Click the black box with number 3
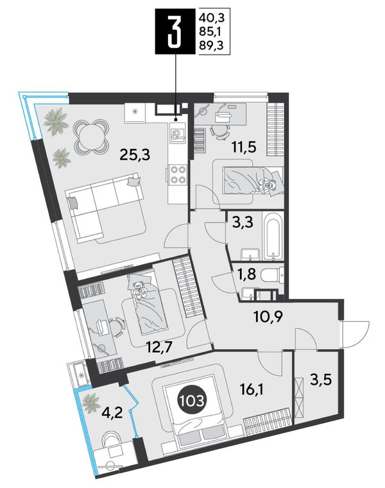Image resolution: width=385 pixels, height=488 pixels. [x=176, y=31]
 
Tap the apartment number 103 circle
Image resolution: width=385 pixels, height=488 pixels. [x=191, y=401]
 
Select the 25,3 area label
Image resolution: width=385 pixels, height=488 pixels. [x=135, y=155]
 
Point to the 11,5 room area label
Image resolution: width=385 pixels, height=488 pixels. [x=244, y=147]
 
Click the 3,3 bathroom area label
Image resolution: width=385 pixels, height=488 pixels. [x=242, y=223]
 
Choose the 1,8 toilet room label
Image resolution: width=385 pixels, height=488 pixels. [x=246, y=274]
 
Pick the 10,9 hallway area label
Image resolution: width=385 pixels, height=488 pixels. [x=268, y=317]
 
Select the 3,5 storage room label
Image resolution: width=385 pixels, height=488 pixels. [x=320, y=380]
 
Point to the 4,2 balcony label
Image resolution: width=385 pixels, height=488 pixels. [x=111, y=413]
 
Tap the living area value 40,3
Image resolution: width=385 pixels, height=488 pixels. [x=212, y=17]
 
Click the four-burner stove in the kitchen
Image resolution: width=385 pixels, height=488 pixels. [x=177, y=174]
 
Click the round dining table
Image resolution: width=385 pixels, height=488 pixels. [x=91, y=136]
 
